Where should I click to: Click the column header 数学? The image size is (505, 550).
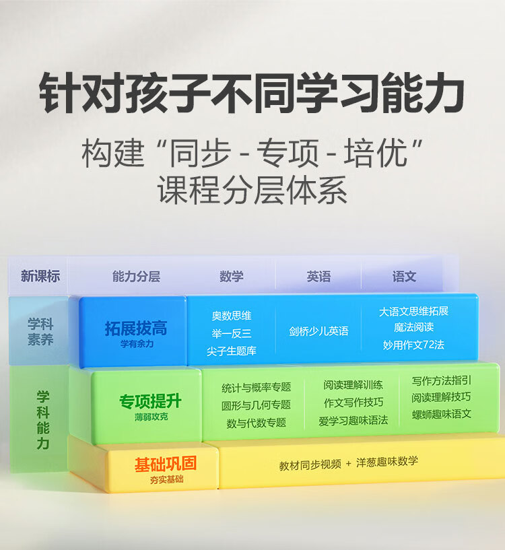(x=232, y=276)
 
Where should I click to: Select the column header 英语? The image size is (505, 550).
(x=318, y=276)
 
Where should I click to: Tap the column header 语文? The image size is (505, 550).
(x=404, y=276)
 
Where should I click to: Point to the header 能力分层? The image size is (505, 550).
(x=136, y=276)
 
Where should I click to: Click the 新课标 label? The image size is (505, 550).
(x=40, y=276)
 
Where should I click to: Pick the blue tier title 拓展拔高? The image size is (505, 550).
(x=135, y=329)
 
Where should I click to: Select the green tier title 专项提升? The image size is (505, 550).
(x=150, y=402)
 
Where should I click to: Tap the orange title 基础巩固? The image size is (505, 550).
(x=165, y=465)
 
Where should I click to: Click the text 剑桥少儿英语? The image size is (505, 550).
(x=318, y=331)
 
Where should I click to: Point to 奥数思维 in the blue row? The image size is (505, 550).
(x=232, y=315)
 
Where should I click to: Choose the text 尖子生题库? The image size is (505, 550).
(x=232, y=351)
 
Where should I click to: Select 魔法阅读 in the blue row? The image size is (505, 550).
(x=414, y=327)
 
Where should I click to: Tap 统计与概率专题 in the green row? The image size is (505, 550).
(x=256, y=387)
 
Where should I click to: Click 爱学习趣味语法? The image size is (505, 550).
(x=353, y=421)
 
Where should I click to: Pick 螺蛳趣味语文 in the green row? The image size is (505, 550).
(x=442, y=414)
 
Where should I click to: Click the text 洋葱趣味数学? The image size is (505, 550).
(x=388, y=462)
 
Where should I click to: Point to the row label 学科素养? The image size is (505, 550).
(x=40, y=331)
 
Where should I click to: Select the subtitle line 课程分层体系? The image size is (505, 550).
(x=252, y=191)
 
